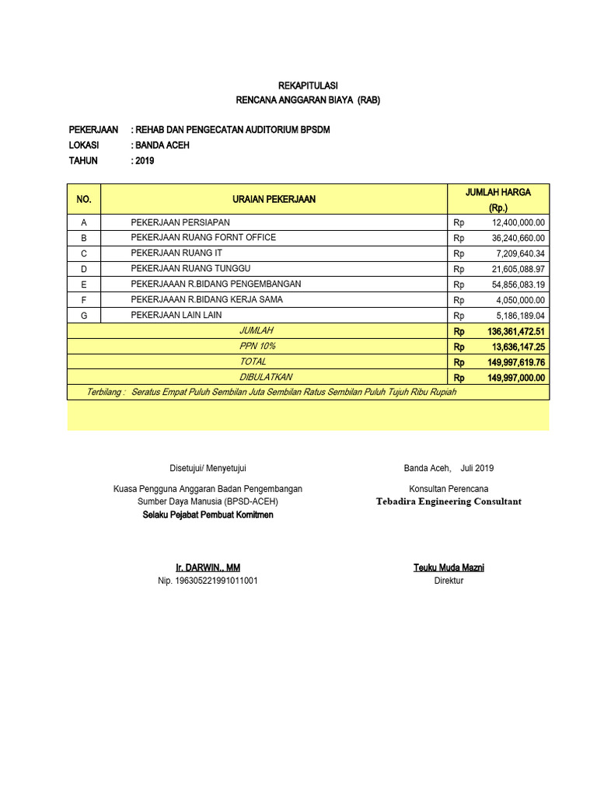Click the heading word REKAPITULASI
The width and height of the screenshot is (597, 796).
click(308, 86)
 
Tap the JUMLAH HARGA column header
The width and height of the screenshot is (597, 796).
click(497, 192)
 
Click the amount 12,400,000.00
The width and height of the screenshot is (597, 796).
click(518, 222)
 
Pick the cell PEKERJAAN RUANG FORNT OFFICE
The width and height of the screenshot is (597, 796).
click(203, 238)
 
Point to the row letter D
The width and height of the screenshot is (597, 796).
click(84, 269)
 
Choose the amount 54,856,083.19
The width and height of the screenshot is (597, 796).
click(518, 285)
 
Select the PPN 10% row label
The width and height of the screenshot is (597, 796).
click(257, 346)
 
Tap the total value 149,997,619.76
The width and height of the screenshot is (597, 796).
click(516, 362)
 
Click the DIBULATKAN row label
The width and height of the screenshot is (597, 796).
click(266, 377)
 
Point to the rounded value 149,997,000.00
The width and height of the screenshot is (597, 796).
click(516, 378)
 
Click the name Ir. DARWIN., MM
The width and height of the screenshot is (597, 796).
click(208, 568)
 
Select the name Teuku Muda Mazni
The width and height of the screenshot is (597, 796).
click(449, 568)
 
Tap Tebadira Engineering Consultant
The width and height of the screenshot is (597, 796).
click(449, 501)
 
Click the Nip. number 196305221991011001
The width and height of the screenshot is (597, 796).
click(208, 581)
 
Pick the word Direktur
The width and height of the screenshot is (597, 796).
click(449, 581)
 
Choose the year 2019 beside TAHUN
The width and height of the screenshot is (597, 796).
click(145, 161)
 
